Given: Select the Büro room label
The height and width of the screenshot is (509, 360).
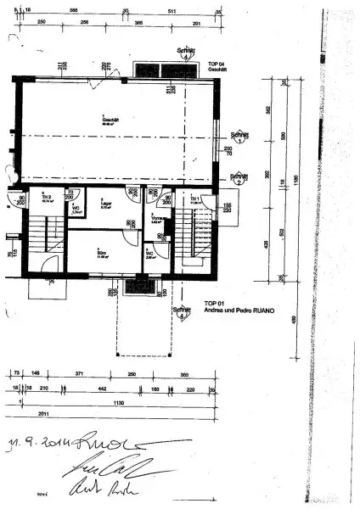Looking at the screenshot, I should [101, 252].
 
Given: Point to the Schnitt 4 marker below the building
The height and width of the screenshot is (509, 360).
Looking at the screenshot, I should [180, 312].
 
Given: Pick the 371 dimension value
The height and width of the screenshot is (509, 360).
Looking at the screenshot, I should [78, 373].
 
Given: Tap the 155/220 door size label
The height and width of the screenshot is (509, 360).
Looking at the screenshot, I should [228, 209].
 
